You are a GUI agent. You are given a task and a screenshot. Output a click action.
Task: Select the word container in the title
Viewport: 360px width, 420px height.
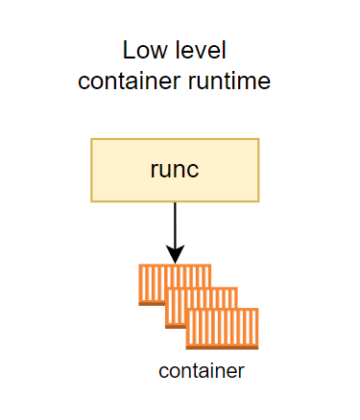click(x=126, y=81)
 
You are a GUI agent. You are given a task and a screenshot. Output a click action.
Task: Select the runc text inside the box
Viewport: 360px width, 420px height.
click(x=175, y=170)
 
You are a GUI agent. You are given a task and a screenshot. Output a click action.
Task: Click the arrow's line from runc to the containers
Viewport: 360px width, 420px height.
click(x=175, y=225)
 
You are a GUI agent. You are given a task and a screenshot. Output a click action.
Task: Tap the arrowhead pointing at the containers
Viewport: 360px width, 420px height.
click(x=175, y=255)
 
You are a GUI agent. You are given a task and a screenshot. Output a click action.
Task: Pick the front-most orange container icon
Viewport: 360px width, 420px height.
click(x=223, y=328)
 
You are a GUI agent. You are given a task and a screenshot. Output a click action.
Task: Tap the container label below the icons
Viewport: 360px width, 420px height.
click(x=202, y=371)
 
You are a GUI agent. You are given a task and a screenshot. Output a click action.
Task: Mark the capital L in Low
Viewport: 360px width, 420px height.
click(x=128, y=50)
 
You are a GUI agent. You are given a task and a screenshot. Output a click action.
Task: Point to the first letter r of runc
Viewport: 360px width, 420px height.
click(x=154, y=171)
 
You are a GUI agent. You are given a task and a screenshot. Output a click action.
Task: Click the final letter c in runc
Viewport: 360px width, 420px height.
click(x=195, y=171)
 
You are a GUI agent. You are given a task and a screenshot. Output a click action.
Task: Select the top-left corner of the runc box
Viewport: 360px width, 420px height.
click(x=92, y=140)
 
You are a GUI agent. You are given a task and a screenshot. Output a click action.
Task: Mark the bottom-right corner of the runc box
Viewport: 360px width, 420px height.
click(x=258, y=200)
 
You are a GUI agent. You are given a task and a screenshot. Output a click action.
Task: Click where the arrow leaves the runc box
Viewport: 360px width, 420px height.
click(x=175, y=202)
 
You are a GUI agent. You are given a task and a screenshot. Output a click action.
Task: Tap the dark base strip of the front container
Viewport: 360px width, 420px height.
click(x=223, y=347)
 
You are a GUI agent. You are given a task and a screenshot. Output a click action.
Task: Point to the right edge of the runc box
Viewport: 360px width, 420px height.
click(x=258, y=170)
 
